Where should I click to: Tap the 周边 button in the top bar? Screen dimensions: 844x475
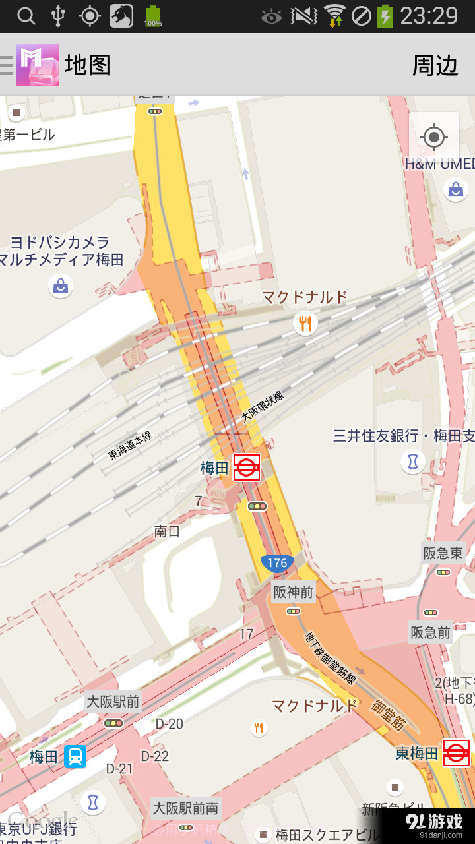pos(435,65)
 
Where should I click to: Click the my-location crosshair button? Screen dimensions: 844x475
pos(433,137)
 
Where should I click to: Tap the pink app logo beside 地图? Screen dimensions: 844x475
pos(38,65)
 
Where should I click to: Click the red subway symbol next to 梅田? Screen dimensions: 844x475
pos(247,467)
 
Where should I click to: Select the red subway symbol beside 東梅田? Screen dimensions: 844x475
pos(456,753)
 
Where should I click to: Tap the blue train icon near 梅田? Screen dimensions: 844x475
pos(75,756)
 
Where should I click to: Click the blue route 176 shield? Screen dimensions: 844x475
pos(277,562)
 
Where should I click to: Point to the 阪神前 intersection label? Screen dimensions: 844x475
pos(294,592)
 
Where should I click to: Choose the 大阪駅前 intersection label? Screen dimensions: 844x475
pos(113,701)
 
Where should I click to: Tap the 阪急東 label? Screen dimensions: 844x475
pos(443,553)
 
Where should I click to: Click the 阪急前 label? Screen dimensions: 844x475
pos(430,633)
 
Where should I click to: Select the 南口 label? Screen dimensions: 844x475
pos(167,531)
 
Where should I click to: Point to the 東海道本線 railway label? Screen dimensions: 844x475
pos(131,444)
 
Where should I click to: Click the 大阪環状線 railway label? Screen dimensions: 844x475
pos(262,406)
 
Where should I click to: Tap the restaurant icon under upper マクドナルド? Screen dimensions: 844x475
pos(305,323)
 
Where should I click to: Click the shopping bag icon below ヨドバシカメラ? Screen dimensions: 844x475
pos(61,286)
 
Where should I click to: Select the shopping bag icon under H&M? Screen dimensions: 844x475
pos(455,190)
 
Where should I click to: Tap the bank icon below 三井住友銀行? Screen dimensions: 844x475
pos(413,462)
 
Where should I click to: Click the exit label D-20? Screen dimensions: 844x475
pos(169,723)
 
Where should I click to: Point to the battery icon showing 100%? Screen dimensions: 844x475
pos(153,16)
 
